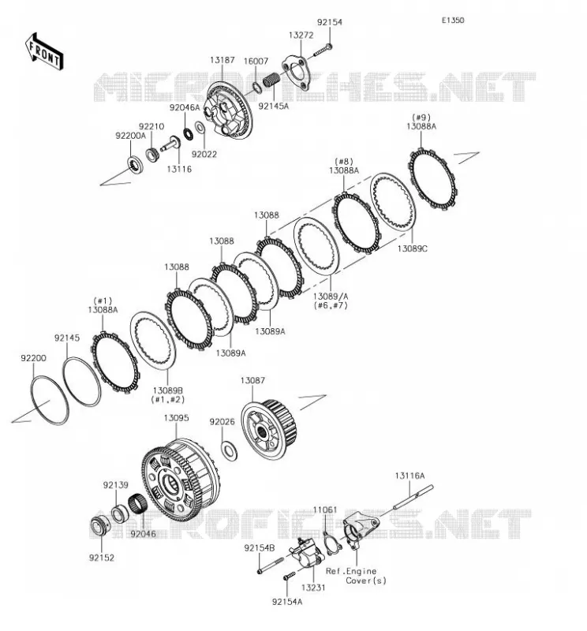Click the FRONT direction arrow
pyautogui.click(x=44, y=52)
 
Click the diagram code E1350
pyautogui.click(x=453, y=21)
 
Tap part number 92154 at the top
pyautogui.click(x=329, y=22)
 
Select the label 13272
pyautogui.click(x=301, y=35)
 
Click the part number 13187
pyautogui.click(x=222, y=61)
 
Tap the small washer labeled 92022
pyautogui.click(x=200, y=128)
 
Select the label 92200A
pyautogui.click(x=130, y=136)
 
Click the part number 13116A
pyautogui.click(x=409, y=476)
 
